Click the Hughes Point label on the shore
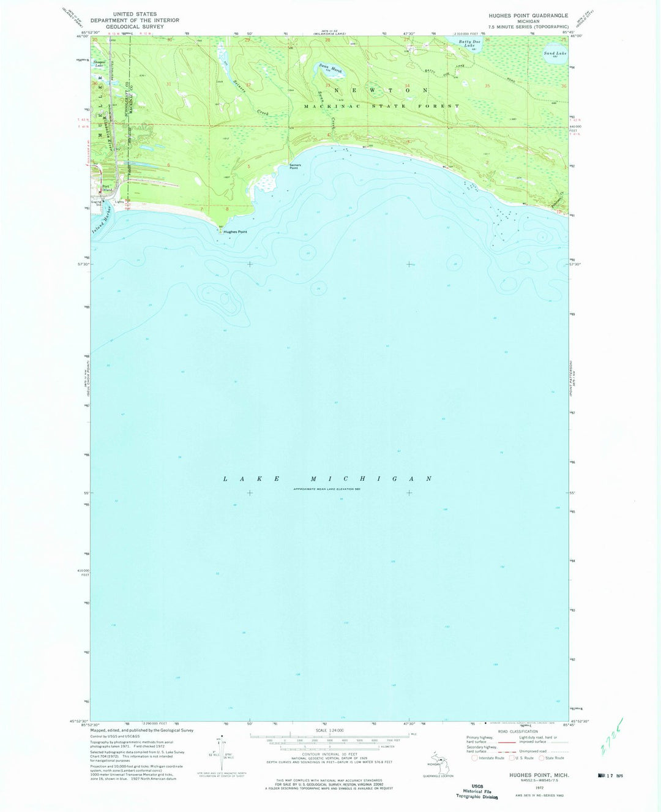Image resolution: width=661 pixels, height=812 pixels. [235, 232]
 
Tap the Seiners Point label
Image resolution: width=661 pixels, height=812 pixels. [295, 166]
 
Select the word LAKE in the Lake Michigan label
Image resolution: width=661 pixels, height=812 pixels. [252, 478]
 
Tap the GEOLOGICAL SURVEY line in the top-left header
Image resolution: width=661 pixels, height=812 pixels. [135, 27]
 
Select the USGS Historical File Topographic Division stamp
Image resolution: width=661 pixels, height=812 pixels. [477, 791]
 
